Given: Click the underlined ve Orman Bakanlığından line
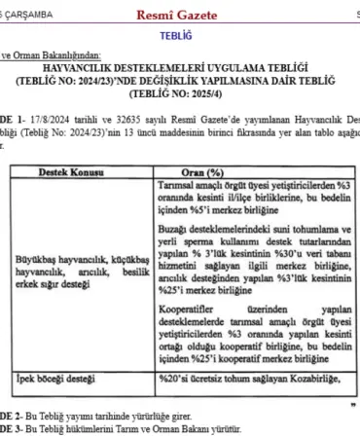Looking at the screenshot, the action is tap(58, 55).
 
